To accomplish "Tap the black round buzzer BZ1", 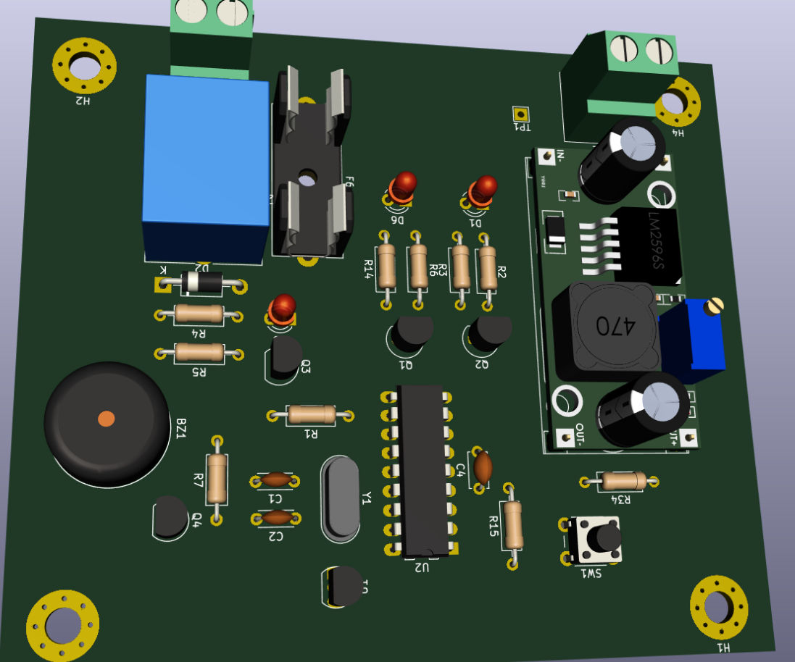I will click(106, 423).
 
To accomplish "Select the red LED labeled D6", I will click(403, 186).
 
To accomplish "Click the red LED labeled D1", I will click(483, 190).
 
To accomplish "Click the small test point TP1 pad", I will click(520, 114).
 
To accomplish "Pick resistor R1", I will click(311, 414).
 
